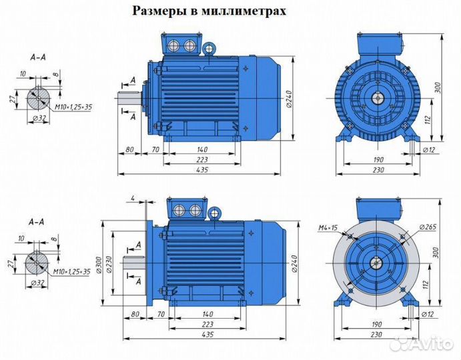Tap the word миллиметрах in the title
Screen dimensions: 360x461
(254, 11)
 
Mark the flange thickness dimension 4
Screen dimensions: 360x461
(133, 198)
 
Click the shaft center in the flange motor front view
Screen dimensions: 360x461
(378, 261)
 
